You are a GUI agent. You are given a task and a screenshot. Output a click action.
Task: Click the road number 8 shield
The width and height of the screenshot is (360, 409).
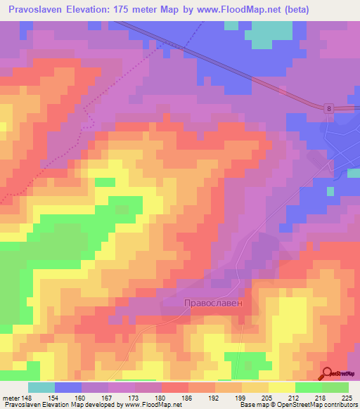coord(328,108)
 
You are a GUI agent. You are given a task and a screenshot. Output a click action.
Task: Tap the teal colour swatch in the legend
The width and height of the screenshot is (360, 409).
coord(41,387)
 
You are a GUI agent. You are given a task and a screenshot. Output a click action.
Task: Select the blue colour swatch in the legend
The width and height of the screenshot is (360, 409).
coord(68,387)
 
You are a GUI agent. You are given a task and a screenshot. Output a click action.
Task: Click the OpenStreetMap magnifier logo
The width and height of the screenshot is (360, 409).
coord(327,374)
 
